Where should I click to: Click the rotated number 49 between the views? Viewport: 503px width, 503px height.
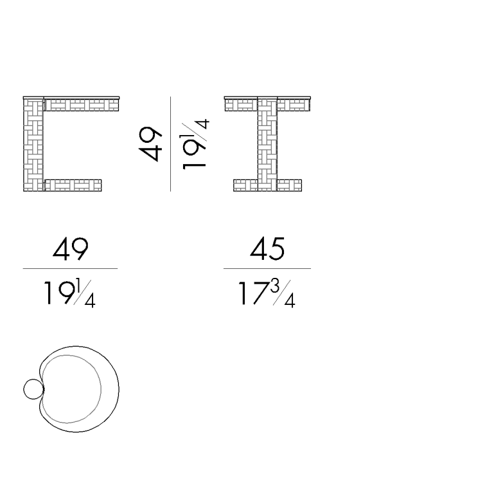pyautogui.click(x=152, y=144)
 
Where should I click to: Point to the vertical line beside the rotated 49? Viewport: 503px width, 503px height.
pyautogui.click(x=171, y=144)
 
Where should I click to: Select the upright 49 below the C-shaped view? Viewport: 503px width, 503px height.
pyautogui.click(x=70, y=249)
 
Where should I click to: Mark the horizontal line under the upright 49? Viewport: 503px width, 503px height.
pyautogui.click(x=70, y=268)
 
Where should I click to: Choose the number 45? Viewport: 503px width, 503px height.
pyautogui.click(x=267, y=249)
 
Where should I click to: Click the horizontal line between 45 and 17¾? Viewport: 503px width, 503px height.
pyautogui.click(x=267, y=268)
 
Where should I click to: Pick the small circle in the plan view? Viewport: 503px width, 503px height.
pyautogui.click(x=32, y=389)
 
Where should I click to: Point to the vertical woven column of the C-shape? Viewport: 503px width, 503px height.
pyautogui.click(x=33, y=145)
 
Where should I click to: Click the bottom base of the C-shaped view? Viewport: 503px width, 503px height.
pyautogui.click(x=73, y=185)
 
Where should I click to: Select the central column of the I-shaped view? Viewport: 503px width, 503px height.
pyautogui.click(x=267, y=145)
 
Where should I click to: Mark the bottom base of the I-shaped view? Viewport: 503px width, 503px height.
pyautogui.click(x=267, y=185)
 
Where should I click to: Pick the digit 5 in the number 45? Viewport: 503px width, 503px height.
pyautogui.click(x=276, y=249)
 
